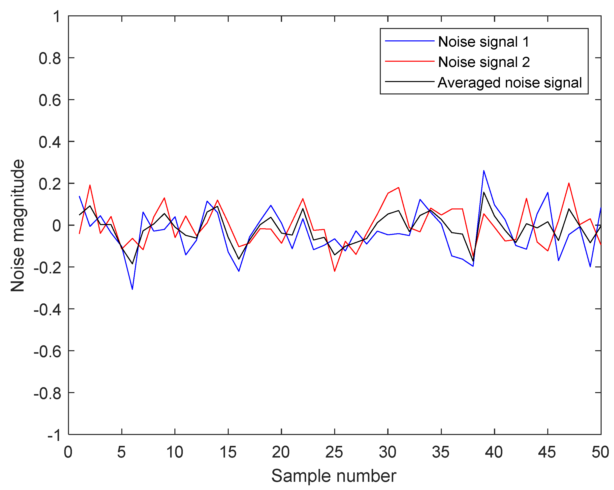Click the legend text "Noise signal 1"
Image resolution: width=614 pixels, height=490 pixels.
pyautogui.click(x=483, y=42)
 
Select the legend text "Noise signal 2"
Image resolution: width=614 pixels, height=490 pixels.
pyautogui.click(x=484, y=62)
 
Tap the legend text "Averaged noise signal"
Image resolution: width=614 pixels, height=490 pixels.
pyautogui.click(x=510, y=83)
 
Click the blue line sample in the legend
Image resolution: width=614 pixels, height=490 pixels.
pyautogui.click(x=409, y=41)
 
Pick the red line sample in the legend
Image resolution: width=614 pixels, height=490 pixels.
pyautogui.click(x=409, y=61)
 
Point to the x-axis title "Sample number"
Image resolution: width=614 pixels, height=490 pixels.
pyautogui.click(x=333, y=476)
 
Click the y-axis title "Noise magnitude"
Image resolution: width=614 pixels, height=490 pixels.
pyautogui.click(x=18, y=225)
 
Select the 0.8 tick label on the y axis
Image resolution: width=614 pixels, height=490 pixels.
pyautogui.click(x=50, y=59)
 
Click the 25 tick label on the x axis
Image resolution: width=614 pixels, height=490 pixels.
pyautogui.click(x=334, y=452)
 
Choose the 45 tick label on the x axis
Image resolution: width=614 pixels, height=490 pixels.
pyautogui.click(x=547, y=452)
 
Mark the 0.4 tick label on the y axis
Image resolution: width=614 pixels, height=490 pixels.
pyautogui.click(x=50, y=142)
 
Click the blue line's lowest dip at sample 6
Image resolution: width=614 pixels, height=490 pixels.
pyautogui.click(x=132, y=289)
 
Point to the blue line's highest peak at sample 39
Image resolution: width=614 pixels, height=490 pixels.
pyautogui.click(x=484, y=171)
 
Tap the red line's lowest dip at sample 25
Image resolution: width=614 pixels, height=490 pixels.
pyautogui.click(x=335, y=271)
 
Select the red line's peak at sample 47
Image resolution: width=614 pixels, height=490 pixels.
pyautogui.click(x=569, y=183)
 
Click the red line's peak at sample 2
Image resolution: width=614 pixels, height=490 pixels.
pyautogui.click(x=90, y=185)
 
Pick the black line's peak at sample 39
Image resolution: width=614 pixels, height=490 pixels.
pyautogui.click(x=484, y=192)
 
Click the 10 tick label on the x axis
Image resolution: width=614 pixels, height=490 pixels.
pyautogui.click(x=175, y=452)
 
